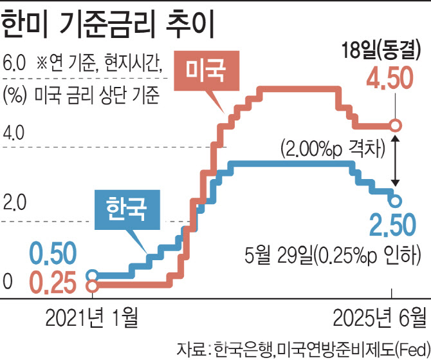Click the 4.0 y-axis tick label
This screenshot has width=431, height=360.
(x=14, y=135)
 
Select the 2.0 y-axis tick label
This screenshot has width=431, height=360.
(x=14, y=206)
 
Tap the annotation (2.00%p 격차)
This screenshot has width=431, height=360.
(x=333, y=149)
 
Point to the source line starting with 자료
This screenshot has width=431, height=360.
(x=302, y=348)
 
